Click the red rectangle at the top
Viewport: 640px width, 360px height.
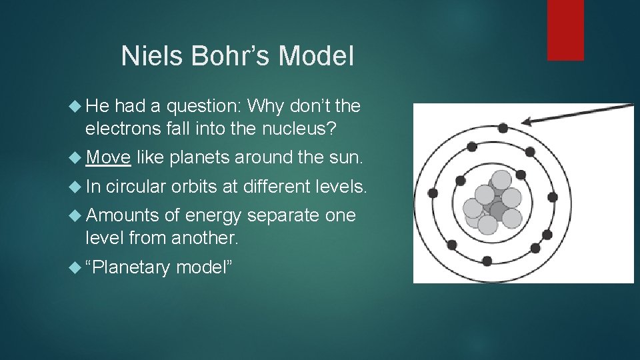pos(565,30)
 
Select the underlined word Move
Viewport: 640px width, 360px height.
pos(108,157)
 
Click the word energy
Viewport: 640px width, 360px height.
pos(213,216)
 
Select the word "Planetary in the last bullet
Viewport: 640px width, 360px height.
pos(128,267)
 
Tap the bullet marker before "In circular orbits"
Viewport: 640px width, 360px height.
pos(77,187)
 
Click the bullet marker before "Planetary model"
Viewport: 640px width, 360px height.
pos(77,267)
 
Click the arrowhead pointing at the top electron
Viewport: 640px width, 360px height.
pos(530,121)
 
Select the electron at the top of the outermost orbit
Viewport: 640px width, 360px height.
pos(503,128)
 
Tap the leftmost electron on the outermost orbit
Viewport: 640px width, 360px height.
pos(433,193)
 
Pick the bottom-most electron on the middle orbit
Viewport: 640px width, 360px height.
pos(487,261)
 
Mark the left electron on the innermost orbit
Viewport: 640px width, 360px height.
pos(460,180)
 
